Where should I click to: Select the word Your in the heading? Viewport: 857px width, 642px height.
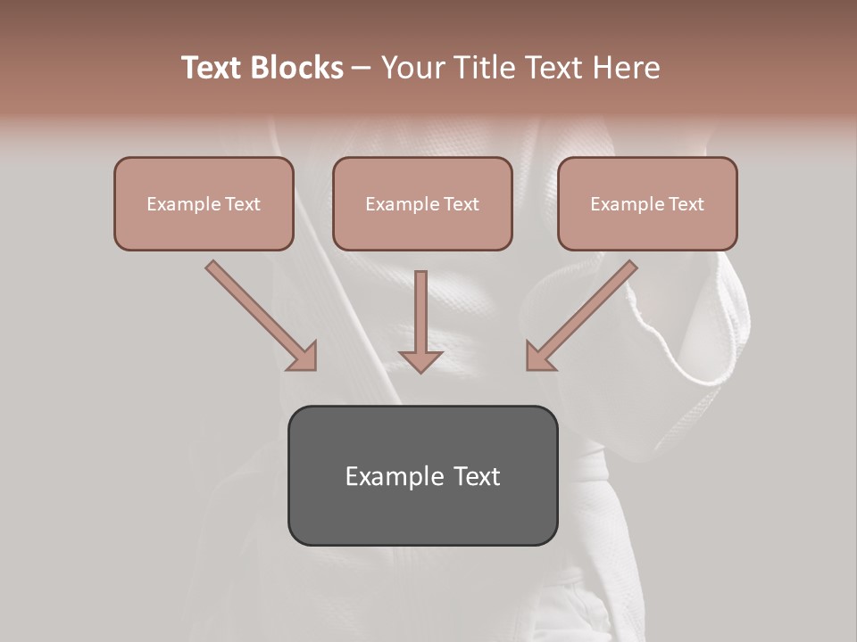click(412, 68)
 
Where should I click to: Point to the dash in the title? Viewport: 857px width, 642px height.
click(362, 69)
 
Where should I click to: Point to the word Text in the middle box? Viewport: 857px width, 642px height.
click(462, 204)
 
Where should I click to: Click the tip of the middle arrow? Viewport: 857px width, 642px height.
click(420, 370)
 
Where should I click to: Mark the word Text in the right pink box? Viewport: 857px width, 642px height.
click(686, 204)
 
